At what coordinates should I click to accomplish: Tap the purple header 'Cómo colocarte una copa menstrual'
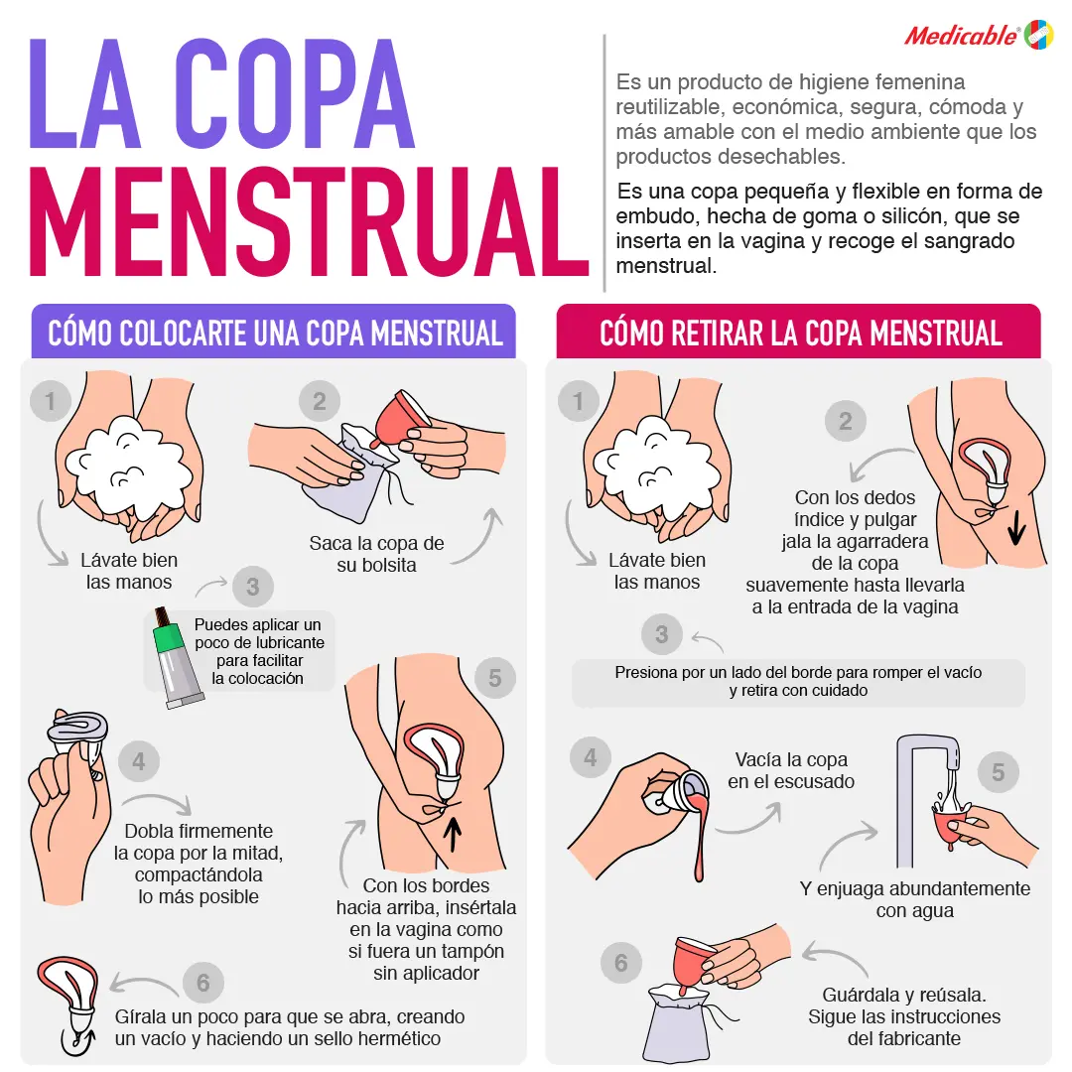point(275,333)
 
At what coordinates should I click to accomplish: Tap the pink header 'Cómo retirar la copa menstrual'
point(799,333)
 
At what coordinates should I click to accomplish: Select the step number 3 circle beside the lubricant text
point(252,587)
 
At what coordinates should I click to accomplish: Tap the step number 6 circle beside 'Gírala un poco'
point(202,983)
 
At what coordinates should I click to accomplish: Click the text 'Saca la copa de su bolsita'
point(376,554)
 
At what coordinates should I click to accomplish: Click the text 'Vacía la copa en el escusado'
point(791,770)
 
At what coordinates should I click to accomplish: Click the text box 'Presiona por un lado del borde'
point(798,682)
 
